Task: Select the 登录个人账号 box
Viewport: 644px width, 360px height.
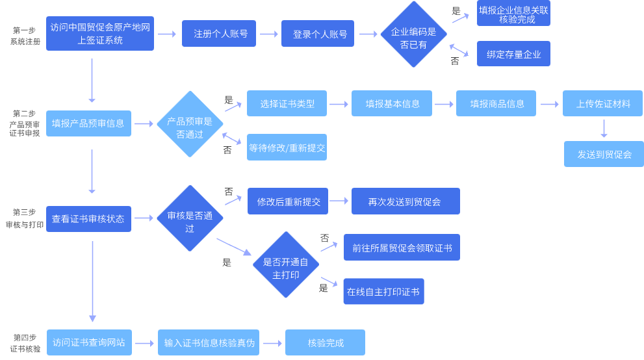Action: coord(318,34)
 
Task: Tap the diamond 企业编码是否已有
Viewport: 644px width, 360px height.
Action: coord(413,34)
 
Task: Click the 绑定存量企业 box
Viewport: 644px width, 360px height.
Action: coord(513,54)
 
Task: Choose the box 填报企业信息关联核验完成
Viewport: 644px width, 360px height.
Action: coord(513,14)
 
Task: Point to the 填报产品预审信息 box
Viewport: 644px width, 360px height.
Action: coord(88,123)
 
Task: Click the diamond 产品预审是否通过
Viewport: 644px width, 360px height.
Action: coord(190,124)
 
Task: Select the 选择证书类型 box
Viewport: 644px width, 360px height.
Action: coord(287,104)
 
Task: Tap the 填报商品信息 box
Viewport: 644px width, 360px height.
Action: coord(496,104)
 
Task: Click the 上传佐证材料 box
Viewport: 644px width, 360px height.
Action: coord(603,104)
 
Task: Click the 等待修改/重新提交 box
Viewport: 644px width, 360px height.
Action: coord(287,148)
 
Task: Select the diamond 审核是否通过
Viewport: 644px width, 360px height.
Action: coord(190,218)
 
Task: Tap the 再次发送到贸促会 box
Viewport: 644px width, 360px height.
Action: coord(405,201)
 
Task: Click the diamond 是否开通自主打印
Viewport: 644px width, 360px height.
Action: coord(286,265)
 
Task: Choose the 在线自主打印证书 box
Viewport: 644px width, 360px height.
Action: coord(383,292)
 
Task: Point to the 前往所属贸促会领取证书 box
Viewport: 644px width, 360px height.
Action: coord(402,248)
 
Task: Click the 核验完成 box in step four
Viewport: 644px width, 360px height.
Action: coord(325,342)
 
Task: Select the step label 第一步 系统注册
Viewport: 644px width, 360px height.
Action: coord(25,36)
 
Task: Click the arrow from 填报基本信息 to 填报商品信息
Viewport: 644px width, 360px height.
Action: coord(444,104)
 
